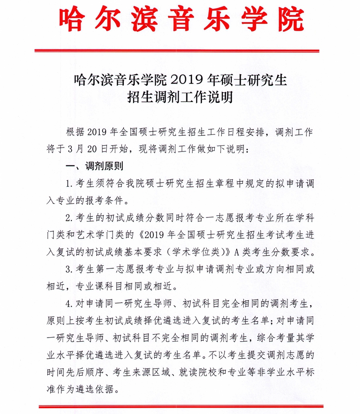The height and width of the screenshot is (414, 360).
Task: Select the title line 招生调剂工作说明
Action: [180, 97]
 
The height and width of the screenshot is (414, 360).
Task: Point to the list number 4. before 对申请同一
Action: [69, 304]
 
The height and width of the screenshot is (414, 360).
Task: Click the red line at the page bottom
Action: [180, 407]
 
